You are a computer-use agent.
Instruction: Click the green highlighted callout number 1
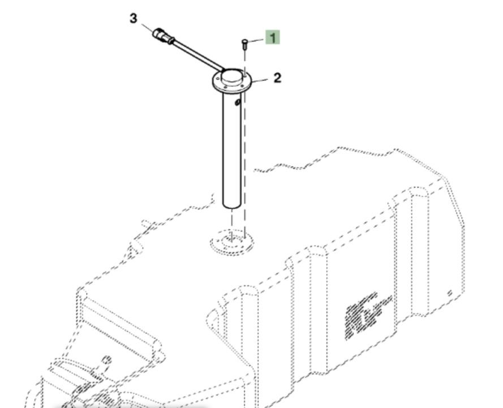click(x=273, y=38)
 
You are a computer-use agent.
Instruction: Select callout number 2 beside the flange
click(x=277, y=78)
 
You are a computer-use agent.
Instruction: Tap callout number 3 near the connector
click(x=133, y=18)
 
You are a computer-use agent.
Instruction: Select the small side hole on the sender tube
click(x=238, y=102)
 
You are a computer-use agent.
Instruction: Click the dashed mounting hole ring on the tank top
click(x=232, y=243)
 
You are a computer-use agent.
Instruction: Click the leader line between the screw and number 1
click(x=256, y=40)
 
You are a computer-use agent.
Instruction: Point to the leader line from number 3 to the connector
click(x=146, y=27)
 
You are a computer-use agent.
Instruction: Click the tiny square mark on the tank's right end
click(x=450, y=293)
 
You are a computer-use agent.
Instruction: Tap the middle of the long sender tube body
click(x=232, y=147)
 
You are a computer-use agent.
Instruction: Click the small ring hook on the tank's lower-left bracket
click(x=107, y=360)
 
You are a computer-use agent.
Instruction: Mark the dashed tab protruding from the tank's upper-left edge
click(x=136, y=246)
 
